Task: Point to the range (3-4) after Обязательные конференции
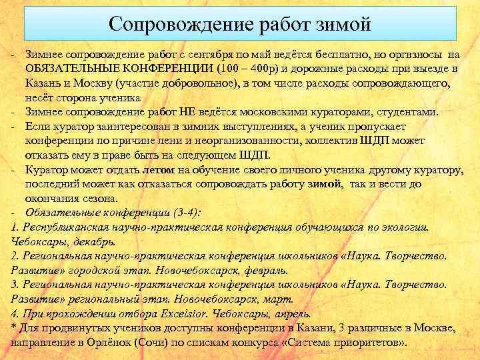click(181, 213)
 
